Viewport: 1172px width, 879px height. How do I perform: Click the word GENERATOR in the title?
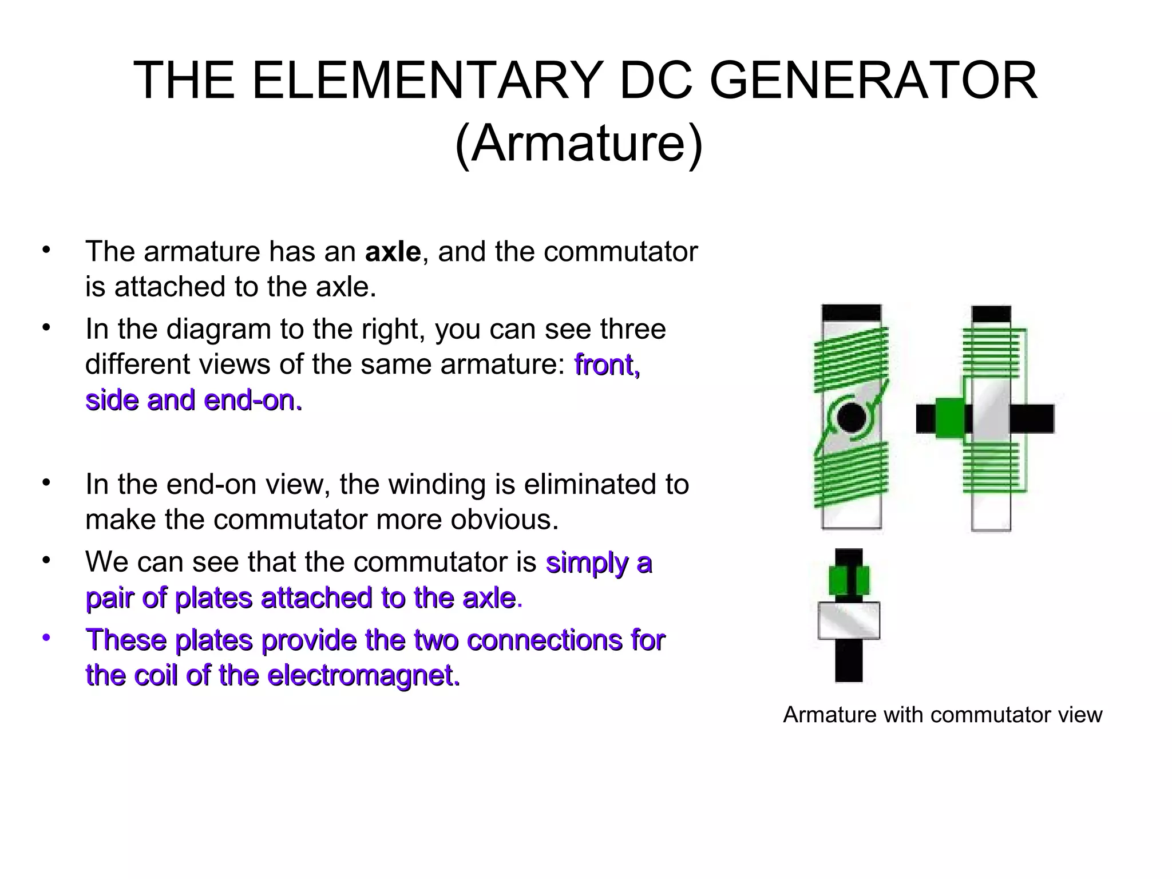tap(873, 81)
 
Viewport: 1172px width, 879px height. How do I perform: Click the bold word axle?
tap(393, 252)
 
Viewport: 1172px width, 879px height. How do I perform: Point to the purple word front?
tap(607, 365)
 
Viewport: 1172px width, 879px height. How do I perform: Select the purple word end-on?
tap(252, 400)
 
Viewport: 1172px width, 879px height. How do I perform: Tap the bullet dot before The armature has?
tap(46, 250)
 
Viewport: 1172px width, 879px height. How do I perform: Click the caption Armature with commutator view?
tap(942, 715)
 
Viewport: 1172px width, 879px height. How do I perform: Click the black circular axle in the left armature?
tap(851, 418)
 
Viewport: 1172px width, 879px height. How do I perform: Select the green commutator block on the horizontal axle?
tap(949, 418)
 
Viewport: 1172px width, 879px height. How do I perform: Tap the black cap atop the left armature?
tap(851, 312)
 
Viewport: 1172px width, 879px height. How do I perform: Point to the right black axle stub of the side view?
tap(1031, 418)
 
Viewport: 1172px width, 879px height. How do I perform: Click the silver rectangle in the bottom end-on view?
tap(849, 620)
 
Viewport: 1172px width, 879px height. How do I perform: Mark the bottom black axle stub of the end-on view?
tap(849, 660)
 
